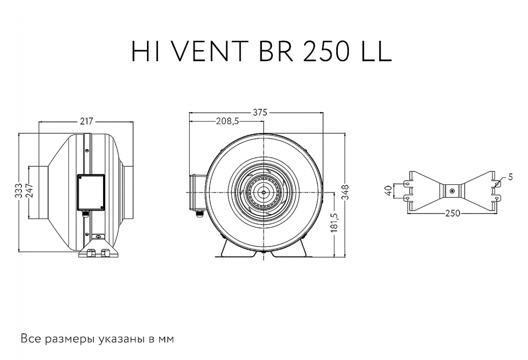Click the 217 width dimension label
(x=86, y=122)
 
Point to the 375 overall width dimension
(x=260, y=113)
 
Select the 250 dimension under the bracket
(x=452, y=213)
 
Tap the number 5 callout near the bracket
(x=510, y=177)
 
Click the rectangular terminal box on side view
(x=91, y=192)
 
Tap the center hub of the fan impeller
(x=263, y=192)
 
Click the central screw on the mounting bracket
(x=452, y=191)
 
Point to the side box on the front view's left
(x=196, y=192)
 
